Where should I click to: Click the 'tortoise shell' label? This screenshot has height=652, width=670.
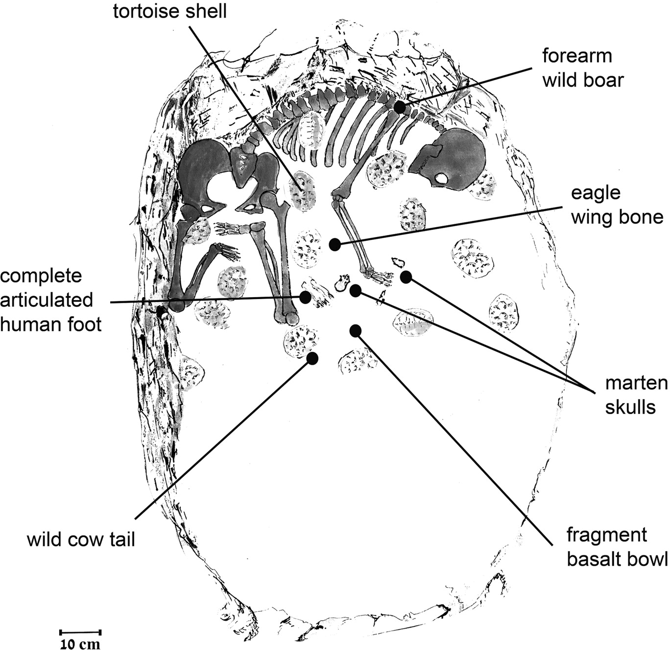click(x=170, y=11)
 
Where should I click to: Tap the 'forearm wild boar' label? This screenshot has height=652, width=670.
click(x=583, y=68)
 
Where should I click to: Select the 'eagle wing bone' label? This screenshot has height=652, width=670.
click(x=617, y=206)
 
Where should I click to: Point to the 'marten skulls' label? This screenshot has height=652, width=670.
click(x=636, y=396)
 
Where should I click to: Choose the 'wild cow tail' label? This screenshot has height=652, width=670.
click(x=81, y=539)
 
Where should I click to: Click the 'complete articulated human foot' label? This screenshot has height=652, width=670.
click(x=51, y=301)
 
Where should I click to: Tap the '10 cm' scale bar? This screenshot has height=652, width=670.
click(x=80, y=632)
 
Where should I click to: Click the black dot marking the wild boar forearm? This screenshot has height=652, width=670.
click(x=400, y=107)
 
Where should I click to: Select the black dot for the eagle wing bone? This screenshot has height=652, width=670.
click(x=335, y=245)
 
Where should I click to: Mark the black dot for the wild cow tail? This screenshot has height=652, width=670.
click(x=312, y=358)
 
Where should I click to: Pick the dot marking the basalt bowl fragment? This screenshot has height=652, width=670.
click(x=355, y=330)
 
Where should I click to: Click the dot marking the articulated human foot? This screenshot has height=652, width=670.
click(x=305, y=297)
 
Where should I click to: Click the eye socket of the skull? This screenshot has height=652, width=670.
click(x=441, y=179)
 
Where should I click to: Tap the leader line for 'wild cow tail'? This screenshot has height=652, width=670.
click(x=223, y=439)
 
